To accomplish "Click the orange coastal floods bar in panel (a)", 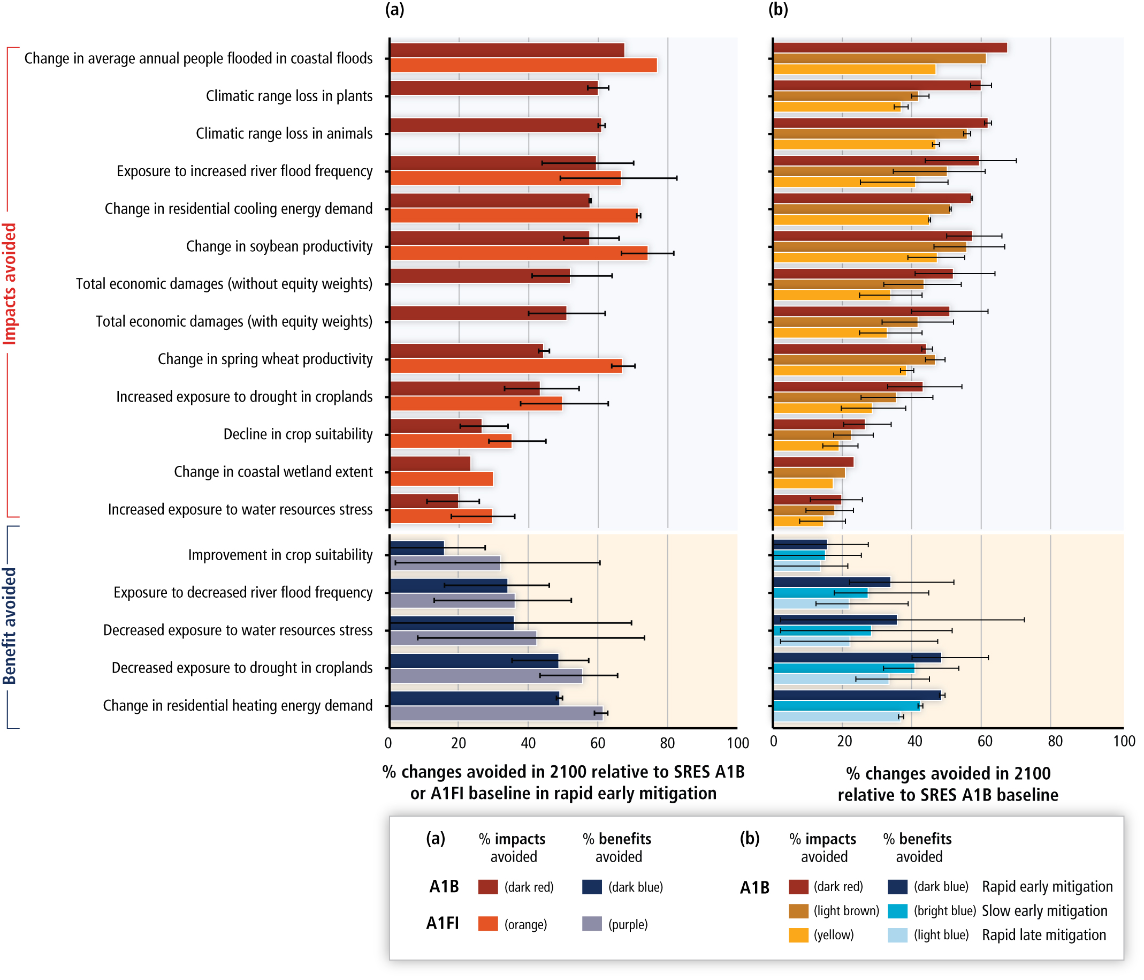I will (523, 66).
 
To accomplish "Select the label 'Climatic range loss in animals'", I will (284, 134).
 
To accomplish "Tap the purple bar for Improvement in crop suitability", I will (445, 563).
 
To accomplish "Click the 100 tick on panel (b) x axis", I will (1124, 741).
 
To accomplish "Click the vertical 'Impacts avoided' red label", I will (10, 284).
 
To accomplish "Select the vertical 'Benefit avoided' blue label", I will (10, 626).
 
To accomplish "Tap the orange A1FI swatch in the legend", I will (487, 924).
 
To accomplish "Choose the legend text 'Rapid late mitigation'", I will (1043, 934).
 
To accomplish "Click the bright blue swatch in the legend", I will (898, 911).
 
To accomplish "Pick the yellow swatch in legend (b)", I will (798, 934).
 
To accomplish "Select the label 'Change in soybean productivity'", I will (279, 246).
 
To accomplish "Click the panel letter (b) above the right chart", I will (778, 10).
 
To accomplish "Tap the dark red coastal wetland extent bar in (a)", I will (430, 463).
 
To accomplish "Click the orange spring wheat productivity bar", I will (505, 366).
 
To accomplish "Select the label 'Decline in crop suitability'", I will (298, 434).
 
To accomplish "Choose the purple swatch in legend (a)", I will (592, 924).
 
